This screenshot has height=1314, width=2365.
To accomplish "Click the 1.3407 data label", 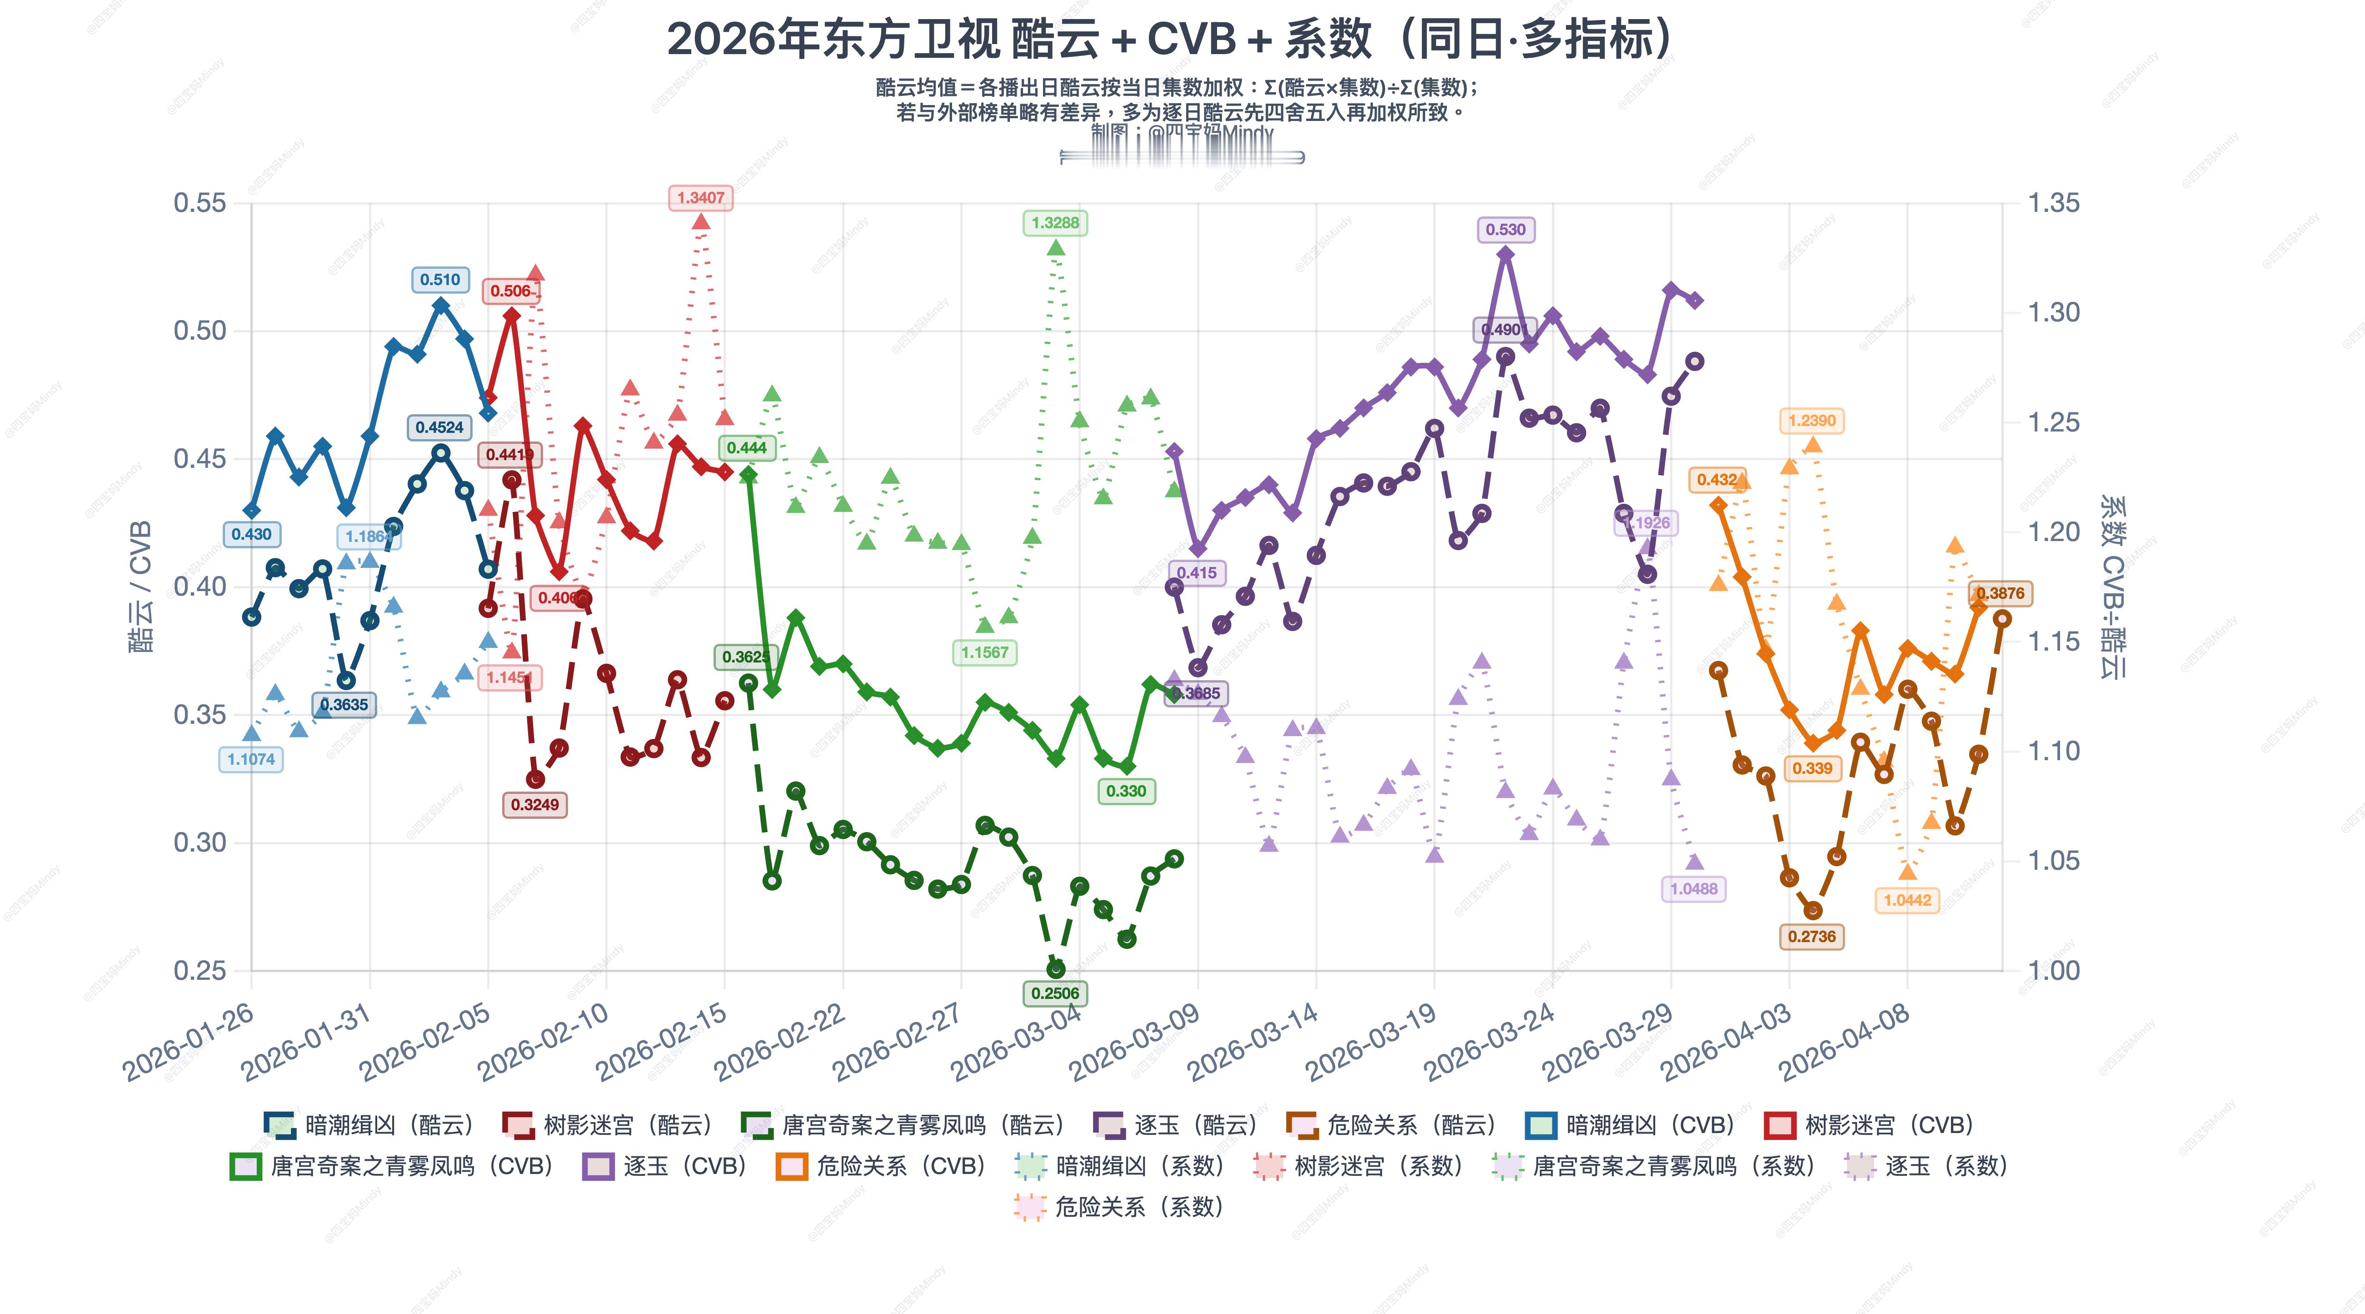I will coord(700,197).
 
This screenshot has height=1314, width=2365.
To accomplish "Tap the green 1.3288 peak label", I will coord(1055,223).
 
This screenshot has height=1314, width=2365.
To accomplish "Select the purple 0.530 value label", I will coord(1505,230).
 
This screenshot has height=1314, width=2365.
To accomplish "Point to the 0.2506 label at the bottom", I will coord(1055,993).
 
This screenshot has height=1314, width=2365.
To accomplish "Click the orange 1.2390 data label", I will coord(1811,421).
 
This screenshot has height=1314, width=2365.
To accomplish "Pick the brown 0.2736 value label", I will coord(1811,937).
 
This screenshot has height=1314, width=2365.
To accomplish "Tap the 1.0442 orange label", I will coord(1907,900).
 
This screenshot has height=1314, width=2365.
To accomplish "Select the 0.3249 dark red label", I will coord(534,804).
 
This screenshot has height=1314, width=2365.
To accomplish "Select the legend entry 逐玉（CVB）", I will coord(666,1166).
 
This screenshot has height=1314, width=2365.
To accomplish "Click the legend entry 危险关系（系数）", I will coord(1120,1207).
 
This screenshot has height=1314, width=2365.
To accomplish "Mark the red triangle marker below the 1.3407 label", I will coord(700,221).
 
